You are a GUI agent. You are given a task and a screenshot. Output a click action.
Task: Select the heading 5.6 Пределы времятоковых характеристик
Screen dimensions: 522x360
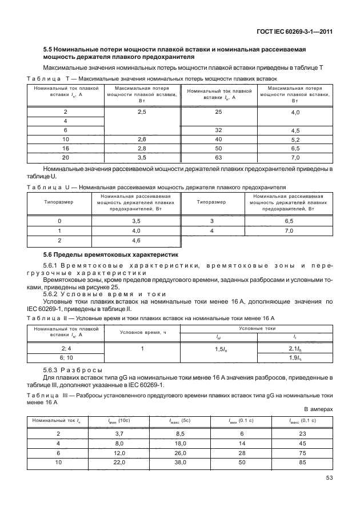[111, 254]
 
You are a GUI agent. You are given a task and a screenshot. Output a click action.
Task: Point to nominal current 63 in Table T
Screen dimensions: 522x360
[218, 157]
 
